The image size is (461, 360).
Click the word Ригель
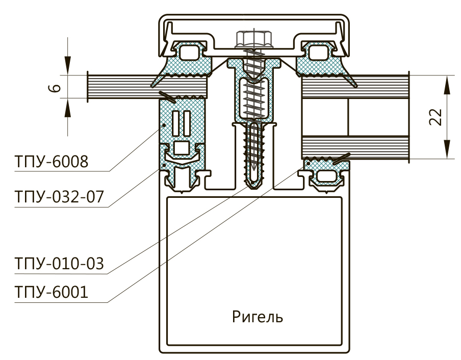(257, 318)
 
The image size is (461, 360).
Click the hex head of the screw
(249, 39)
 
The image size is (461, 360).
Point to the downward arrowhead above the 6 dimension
(67, 69)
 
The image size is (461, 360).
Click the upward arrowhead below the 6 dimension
(67, 104)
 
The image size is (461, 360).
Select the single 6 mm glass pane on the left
(122, 86)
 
